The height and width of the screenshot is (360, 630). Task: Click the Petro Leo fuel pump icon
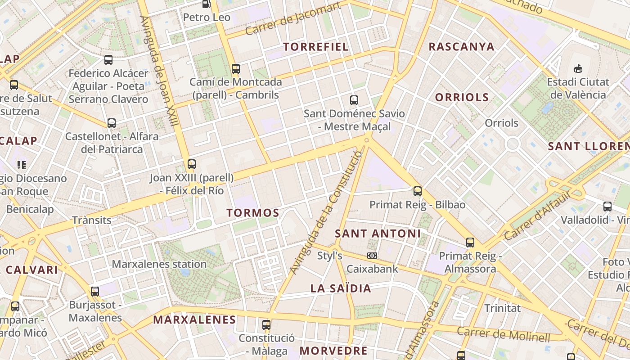pyautogui.click(x=206, y=4)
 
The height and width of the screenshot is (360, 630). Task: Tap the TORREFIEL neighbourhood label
pyautogui.click(x=316, y=47)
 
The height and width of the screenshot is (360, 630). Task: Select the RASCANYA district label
pyautogui.click(x=461, y=47)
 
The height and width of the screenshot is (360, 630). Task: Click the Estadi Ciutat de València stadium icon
pyautogui.click(x=578, y=69)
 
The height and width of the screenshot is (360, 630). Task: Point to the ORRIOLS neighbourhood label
pyautogui.click(x=462, y=97)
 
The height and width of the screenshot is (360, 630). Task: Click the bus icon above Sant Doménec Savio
pyautogui.click(x=354, y=100)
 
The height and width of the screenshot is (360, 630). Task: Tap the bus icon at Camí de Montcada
pyautogui.click(x=236, y=69)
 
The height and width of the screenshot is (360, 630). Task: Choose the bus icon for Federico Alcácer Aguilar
pyautogui.click(x=108, y=60)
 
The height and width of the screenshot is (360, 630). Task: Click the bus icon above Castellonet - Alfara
pyautogui.click(x=111, y=123)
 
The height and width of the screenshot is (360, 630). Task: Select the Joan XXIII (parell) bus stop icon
pyautogui.click(x=192, y=164)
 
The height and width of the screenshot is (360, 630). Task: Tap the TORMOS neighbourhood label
pyautogui.click(x=253, y=213)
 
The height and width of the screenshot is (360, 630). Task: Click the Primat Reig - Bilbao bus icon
pyautogui.click(x=418, y=191)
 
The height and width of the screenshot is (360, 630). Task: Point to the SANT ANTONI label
pyautogui.click(x=378, y=234)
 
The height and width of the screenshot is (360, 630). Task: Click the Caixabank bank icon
pyautogui.click(x=372, y=256)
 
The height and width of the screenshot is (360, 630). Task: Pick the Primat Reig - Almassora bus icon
pyautogui.click(x=470, y=243)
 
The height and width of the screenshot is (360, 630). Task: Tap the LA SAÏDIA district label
pyautogui.click(x=341, y=288)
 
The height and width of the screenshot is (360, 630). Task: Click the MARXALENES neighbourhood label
pyautogui.click(x=194, y=320)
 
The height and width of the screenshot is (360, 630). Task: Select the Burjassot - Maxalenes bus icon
pyautogui.click(x=95, y=291)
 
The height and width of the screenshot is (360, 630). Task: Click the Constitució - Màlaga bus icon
pyautogui.click(x=266, y=324)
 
